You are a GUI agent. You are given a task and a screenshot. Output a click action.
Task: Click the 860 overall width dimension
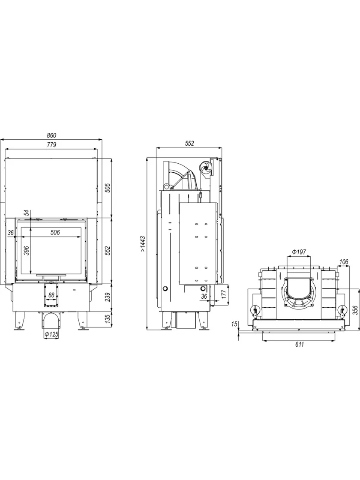coord(51,135)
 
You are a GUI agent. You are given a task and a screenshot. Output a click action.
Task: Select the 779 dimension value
coord(51,145)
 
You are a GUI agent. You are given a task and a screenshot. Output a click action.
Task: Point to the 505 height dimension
coord(107,188)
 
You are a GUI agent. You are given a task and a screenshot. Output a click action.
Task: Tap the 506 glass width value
coord(55,232)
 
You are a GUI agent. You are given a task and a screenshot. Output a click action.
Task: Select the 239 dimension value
coord(107,296)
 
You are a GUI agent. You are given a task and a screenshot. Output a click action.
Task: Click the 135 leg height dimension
coord(107,319)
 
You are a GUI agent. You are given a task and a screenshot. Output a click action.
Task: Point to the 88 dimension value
coord(51,295)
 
